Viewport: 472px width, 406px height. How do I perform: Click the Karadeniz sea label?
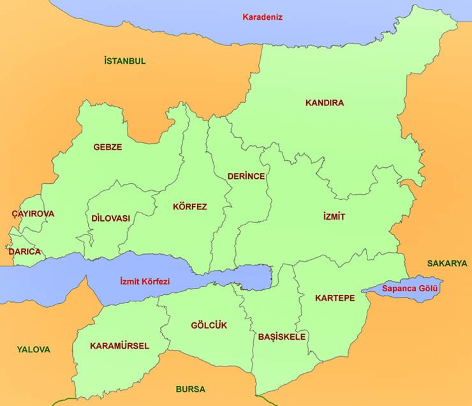262,17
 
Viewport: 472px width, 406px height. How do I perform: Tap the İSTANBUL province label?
124,61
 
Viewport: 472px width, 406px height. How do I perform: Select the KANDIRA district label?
324,103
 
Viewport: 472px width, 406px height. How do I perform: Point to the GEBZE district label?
107,147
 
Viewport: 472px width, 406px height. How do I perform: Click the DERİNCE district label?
246,176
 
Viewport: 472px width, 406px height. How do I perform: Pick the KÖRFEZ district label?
189,207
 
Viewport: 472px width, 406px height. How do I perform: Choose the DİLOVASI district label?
110,218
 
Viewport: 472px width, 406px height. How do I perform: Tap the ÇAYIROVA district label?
33,214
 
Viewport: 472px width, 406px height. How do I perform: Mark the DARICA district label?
25,252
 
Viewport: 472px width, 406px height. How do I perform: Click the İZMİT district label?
334,217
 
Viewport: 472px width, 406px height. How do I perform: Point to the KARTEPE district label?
334,298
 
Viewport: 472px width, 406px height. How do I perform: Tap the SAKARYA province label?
446,263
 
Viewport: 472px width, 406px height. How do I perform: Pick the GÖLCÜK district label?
209,326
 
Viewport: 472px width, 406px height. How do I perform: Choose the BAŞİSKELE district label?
281,336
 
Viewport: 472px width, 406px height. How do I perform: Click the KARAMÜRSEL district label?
119,346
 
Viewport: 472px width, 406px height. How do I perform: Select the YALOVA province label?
33,350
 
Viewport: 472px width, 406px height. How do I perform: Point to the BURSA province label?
190,389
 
